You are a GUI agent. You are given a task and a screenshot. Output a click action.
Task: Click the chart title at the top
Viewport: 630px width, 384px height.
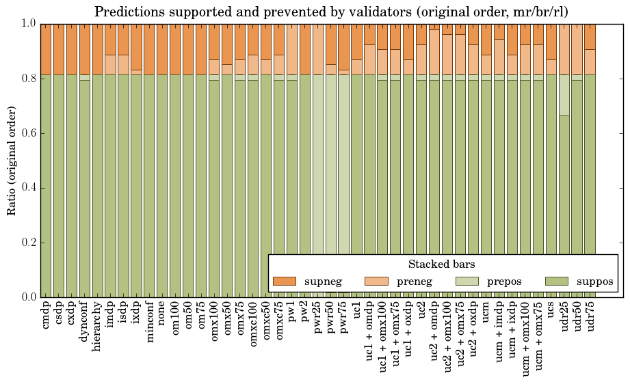tap(330, 12)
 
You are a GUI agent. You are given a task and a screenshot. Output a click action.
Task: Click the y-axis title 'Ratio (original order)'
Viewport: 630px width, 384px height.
tap(12, 160)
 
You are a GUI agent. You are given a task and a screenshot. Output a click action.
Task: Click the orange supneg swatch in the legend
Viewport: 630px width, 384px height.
tap(284, 281)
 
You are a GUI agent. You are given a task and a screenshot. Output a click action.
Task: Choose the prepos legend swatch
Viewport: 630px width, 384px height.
tap(467, 281)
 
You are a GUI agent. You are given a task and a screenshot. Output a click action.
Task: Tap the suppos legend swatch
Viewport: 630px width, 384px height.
tap(557, 281)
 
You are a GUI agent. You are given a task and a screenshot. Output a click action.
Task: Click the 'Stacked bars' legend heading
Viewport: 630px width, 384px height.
tap(442, 264)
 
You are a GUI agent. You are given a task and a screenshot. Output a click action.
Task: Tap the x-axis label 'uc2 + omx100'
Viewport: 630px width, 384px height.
tap(448, 336)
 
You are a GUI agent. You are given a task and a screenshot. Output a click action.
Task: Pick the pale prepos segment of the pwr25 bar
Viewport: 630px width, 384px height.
tap(319, 184)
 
